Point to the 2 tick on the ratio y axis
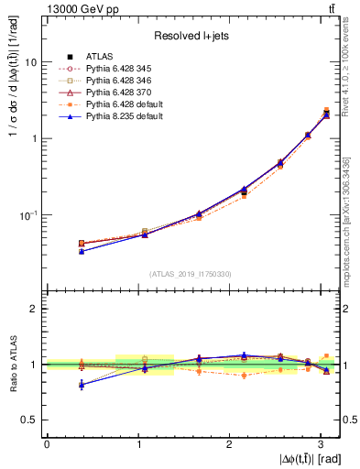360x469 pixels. pos(34,310)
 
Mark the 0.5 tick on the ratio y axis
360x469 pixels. pos(30,420)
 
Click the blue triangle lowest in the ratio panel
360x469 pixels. pos(82,385)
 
